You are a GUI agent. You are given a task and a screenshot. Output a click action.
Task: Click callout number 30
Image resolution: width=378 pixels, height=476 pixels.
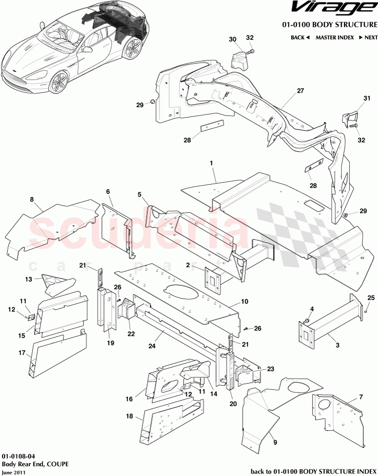(x=232, y=39)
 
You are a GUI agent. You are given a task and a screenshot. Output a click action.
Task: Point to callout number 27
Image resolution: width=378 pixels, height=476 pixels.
(x=301, y=90)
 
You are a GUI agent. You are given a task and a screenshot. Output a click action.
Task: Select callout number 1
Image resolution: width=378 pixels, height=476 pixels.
(x=210, y=162)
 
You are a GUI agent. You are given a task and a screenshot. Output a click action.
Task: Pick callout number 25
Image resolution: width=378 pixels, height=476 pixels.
(x=371, y=297)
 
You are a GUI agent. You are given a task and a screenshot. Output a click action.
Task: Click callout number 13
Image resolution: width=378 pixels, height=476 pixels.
(x=29, y=279)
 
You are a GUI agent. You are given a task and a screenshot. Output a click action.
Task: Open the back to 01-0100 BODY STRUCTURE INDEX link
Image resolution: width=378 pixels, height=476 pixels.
(x=313, y=471)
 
